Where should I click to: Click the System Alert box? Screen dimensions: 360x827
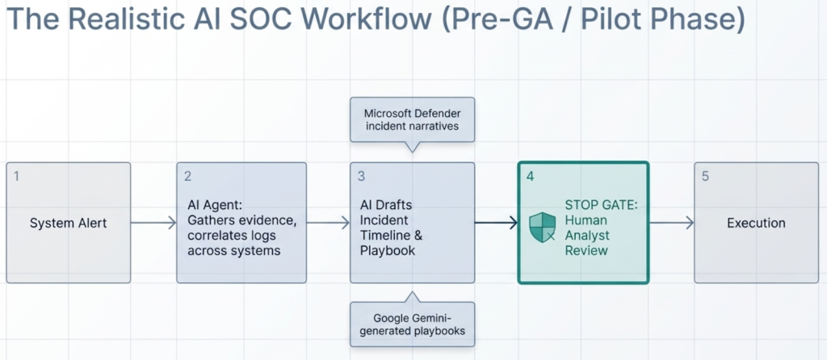[68, 223]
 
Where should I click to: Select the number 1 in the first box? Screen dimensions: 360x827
[15, 175]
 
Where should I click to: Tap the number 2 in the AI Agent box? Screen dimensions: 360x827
[187, 175]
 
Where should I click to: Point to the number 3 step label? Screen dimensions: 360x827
[361, 175]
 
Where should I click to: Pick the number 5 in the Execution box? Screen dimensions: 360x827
[705, 175]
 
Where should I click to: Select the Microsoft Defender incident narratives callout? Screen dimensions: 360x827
[412, 119]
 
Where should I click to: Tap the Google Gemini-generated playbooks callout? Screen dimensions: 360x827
[412, 324]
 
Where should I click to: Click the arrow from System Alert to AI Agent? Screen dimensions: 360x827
[153, 223]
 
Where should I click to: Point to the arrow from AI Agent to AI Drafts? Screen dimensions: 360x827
[328, 223]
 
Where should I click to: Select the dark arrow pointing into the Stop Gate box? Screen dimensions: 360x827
[496, 223]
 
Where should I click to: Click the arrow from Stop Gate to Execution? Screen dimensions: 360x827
[671, 223]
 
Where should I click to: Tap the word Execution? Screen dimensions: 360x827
[756, 223]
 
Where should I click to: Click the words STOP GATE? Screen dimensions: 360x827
[601, 205]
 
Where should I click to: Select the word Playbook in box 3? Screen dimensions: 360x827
[388, 250]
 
